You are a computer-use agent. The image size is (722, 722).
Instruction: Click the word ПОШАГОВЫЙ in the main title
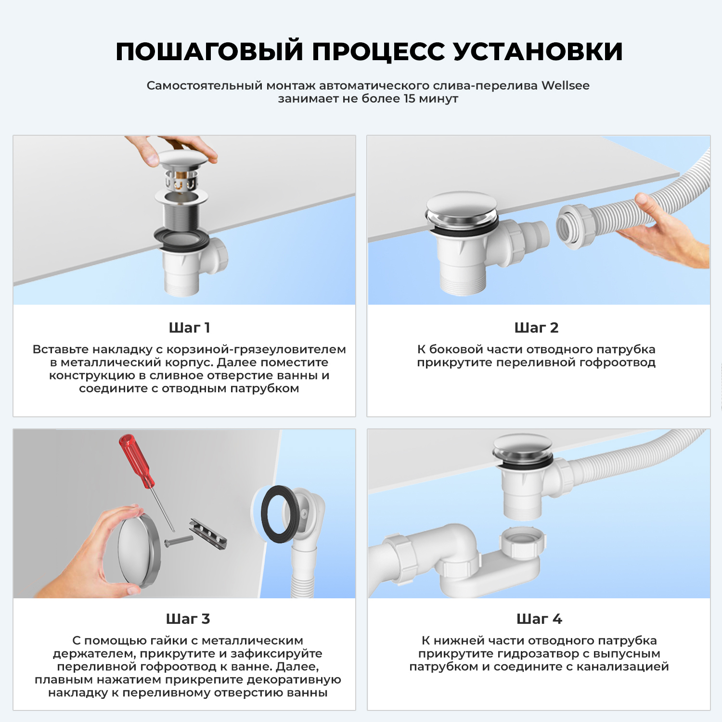209,52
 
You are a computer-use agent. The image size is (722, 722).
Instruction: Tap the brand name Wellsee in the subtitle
565,86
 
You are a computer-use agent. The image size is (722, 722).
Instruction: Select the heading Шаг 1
189,328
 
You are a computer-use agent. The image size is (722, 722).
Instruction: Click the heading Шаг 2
536,328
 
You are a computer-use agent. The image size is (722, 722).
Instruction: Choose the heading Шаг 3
188,619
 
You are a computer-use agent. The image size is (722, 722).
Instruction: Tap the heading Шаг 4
539,619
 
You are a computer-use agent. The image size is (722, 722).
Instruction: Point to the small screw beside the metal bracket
178,541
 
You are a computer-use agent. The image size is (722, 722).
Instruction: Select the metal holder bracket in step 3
208,534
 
